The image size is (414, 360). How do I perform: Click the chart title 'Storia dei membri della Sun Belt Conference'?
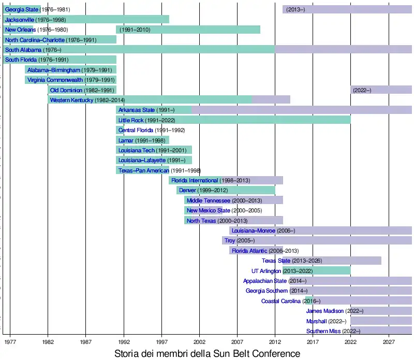(x=206, y=353)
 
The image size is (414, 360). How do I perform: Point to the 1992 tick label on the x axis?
(x=124, y=342)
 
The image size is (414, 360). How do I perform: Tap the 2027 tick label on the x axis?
(x=389, y=342)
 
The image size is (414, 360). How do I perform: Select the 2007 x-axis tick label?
(x=238, y=342)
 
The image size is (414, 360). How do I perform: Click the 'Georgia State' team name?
(x=22, y=10)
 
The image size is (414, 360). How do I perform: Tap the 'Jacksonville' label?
(x=20, y=20)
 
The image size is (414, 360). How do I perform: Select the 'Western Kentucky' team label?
(x=71, y=100)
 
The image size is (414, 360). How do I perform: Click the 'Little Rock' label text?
(x=131, y=120)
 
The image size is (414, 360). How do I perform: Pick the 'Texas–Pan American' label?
(x=143, y=170)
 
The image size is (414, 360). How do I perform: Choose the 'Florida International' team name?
(x=195, y=180)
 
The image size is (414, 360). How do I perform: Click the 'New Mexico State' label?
(x=208, y=211)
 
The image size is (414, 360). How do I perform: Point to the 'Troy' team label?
(x=230, y=241)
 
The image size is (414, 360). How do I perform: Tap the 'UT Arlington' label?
(x=266, y=271)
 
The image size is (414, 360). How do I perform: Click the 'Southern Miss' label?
(x=323, y=331)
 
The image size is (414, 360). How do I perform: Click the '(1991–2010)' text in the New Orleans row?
(x=135, y=30)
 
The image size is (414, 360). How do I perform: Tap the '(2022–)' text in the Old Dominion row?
(x=362, y=90)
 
